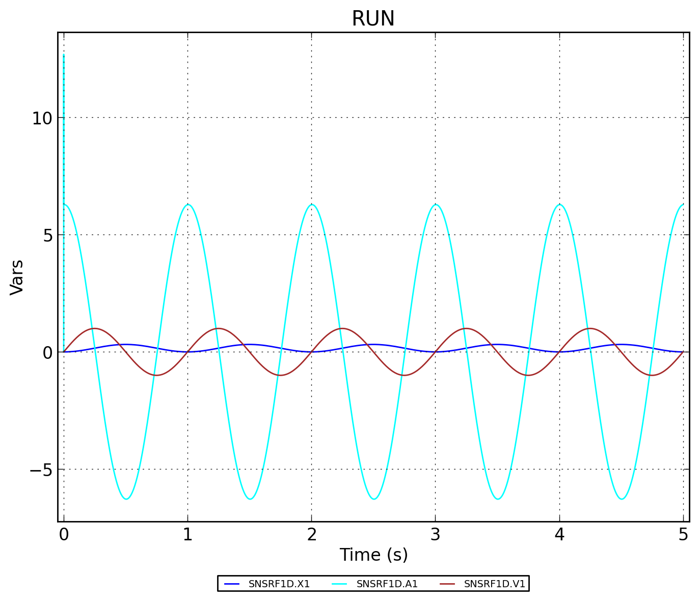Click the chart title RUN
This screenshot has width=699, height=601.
[x=373, y=19]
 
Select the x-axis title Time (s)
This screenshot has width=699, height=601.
[x=373, y=555]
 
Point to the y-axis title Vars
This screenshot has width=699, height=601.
[x=17, y=277]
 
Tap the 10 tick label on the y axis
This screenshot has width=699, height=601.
[x=42, y=118]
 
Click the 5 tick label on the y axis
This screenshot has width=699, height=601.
[x=47, y=236]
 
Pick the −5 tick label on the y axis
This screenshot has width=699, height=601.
[x=41, y=470]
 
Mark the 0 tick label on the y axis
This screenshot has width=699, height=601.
[x=47, y=353]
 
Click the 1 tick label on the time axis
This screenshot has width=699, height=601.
[x=187, y=535]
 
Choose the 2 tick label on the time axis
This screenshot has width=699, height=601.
[x=311, y=535]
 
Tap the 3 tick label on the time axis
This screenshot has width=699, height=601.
[x=435, y=535]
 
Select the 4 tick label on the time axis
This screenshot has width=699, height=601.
[x=559, y=535]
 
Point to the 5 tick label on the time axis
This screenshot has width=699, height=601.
[x=683, y=535]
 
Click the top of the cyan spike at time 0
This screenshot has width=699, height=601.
[x=64, y=55]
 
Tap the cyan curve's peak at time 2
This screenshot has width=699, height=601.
[x=311, y=204]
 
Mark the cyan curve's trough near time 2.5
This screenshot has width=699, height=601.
[x=373, y=499]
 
